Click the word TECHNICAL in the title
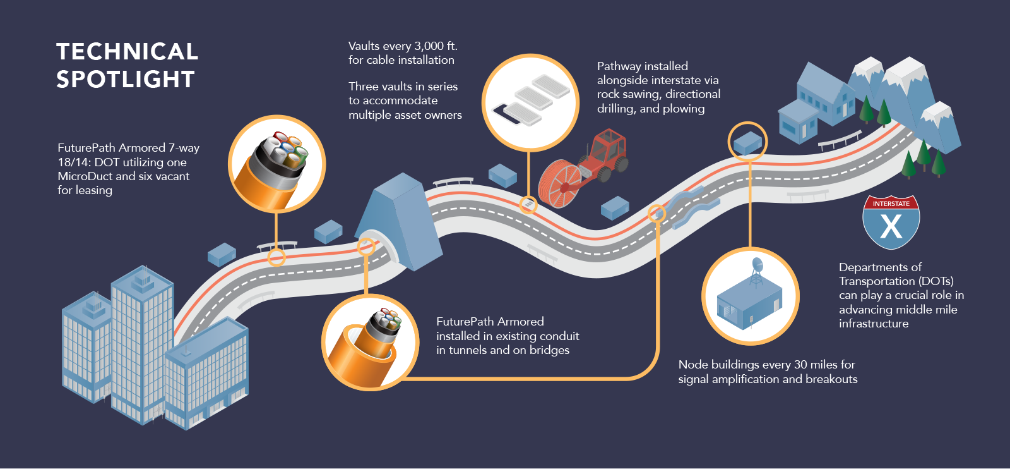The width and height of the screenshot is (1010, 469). click(127, 52)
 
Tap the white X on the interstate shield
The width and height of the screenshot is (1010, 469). click(891, 226)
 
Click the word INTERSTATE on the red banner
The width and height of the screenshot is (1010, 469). click(891, 204)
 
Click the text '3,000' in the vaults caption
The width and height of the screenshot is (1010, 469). click(429, 46)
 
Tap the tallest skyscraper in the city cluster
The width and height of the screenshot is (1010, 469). click(141, 341)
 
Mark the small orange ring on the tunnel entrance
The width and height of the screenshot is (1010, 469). click(366, 247)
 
